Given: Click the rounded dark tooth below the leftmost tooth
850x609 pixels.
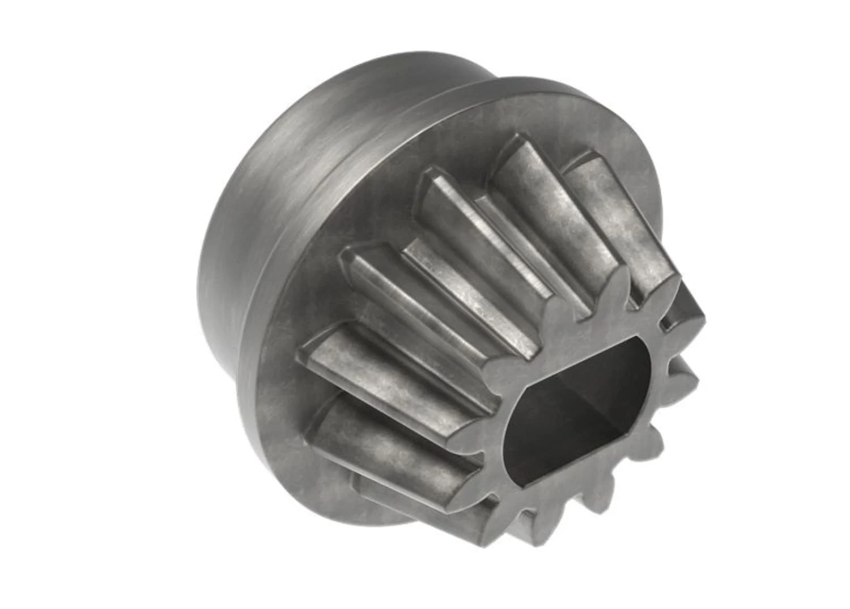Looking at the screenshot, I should point(385,437).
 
